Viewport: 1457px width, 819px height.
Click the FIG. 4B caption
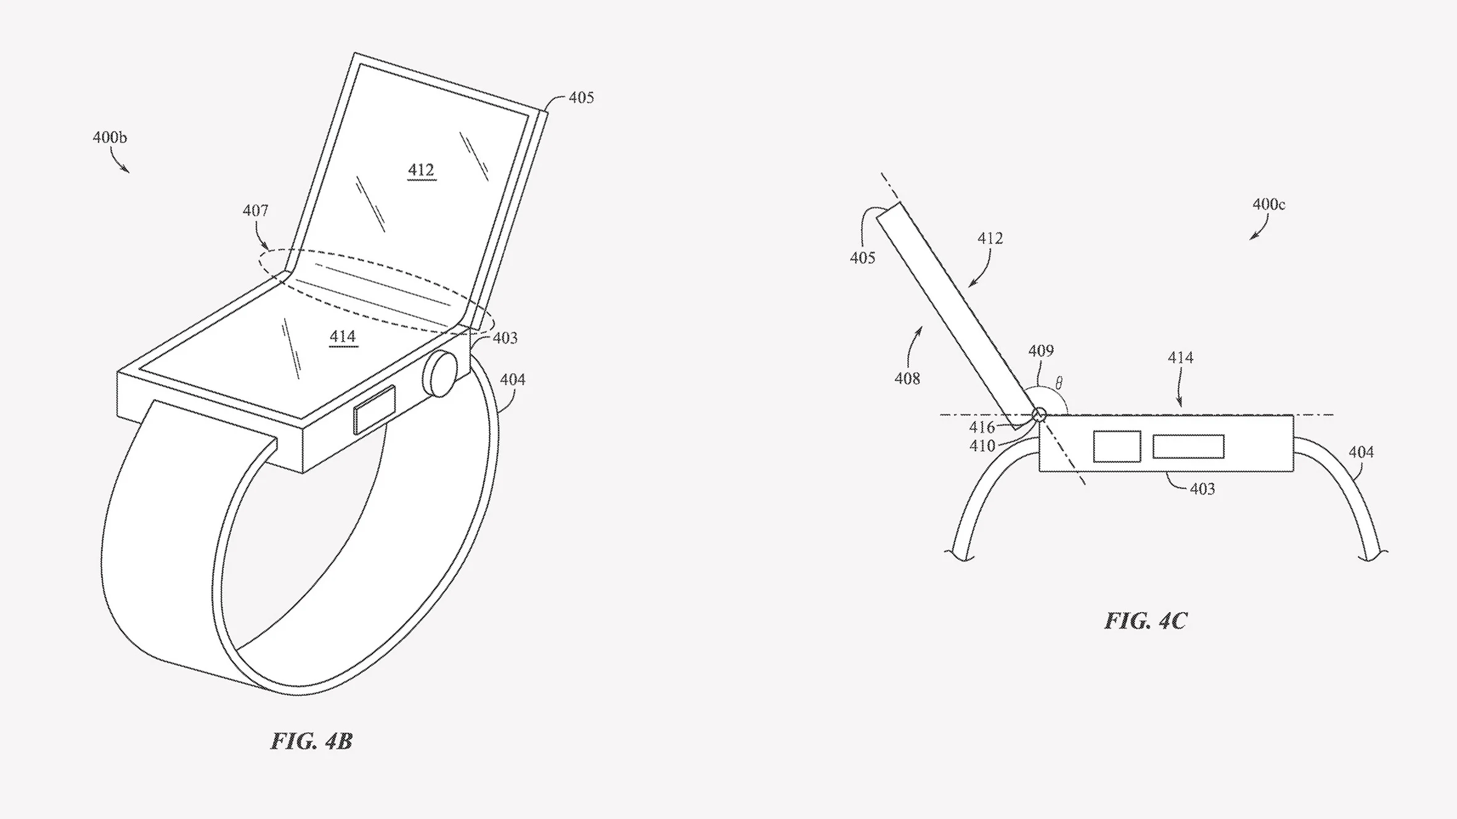tap(311, 741)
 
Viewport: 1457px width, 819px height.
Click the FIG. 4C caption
tap(1145, 621)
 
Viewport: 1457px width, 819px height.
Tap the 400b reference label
tap(110, 137)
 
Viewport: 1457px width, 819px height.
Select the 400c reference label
tap(1268, 204)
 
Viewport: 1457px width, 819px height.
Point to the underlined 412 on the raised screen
tap(421, 170)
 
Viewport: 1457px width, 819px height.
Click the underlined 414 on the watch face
tap(343, 336)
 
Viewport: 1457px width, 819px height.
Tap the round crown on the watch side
tap(440, 374)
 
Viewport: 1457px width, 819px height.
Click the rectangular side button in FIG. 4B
tap(375, 409)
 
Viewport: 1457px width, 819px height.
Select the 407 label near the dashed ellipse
tap(255, 211)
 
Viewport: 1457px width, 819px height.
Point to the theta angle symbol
tap(1059, 383)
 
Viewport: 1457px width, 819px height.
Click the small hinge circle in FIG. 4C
tap(1039, 414)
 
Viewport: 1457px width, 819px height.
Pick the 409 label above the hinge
tap(1041, 350)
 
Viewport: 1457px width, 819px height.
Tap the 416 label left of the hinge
tap(982, 427)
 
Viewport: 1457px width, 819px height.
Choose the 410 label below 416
tap(982, 445)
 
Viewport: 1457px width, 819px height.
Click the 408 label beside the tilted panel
tap(907, 378)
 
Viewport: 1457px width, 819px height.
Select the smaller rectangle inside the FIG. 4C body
tap(1117, 446)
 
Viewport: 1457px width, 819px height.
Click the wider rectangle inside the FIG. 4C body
tap(1188, 446)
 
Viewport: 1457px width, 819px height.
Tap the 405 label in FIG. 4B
tap(581, 97)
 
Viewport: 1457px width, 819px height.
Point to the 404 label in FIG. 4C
tap(1361, 452)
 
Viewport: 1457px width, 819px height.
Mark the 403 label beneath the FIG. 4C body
tap(1202, 489)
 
